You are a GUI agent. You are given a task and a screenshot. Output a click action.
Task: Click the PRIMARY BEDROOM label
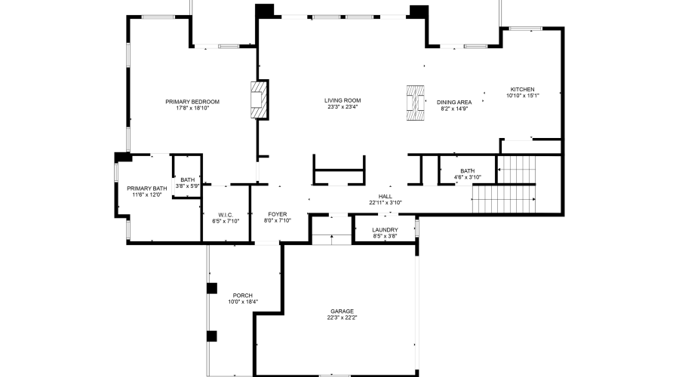coord(192,102)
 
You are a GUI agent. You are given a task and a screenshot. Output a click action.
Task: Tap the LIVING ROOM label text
coord(343,100)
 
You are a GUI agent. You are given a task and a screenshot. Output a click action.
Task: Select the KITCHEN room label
coord(522,89)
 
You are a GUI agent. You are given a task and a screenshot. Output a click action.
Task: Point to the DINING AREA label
coord(454,102)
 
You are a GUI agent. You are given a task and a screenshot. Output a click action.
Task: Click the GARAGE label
coord(342,311)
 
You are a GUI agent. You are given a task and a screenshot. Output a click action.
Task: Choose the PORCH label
coord(243,295)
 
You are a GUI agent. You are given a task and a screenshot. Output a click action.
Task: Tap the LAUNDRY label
coord(385,230)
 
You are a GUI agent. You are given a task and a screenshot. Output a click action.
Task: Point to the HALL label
coord(386,196)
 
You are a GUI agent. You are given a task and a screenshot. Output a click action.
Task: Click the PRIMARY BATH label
coord(147,188)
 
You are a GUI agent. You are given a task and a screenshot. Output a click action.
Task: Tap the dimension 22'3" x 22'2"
coord(342,317)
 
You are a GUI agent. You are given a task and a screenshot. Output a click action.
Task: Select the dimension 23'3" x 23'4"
coord(343,107)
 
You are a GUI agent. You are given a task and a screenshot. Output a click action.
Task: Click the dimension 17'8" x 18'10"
coord(192,109)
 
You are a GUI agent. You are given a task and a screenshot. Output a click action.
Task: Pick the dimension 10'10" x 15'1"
coord(522,96)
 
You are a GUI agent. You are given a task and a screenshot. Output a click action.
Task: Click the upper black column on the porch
coord(212,288)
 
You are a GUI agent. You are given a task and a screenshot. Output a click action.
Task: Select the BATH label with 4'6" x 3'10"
coord(468,171)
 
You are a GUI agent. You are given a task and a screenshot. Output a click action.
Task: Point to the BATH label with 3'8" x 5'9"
coord(187,179)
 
